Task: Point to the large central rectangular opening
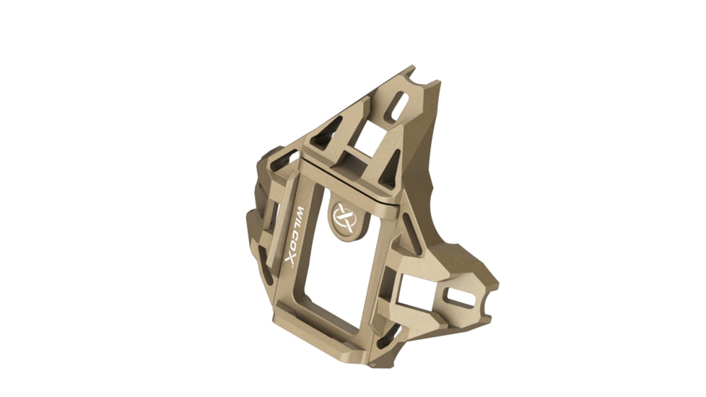click(339, 274)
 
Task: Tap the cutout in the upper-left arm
click(284, 158)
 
